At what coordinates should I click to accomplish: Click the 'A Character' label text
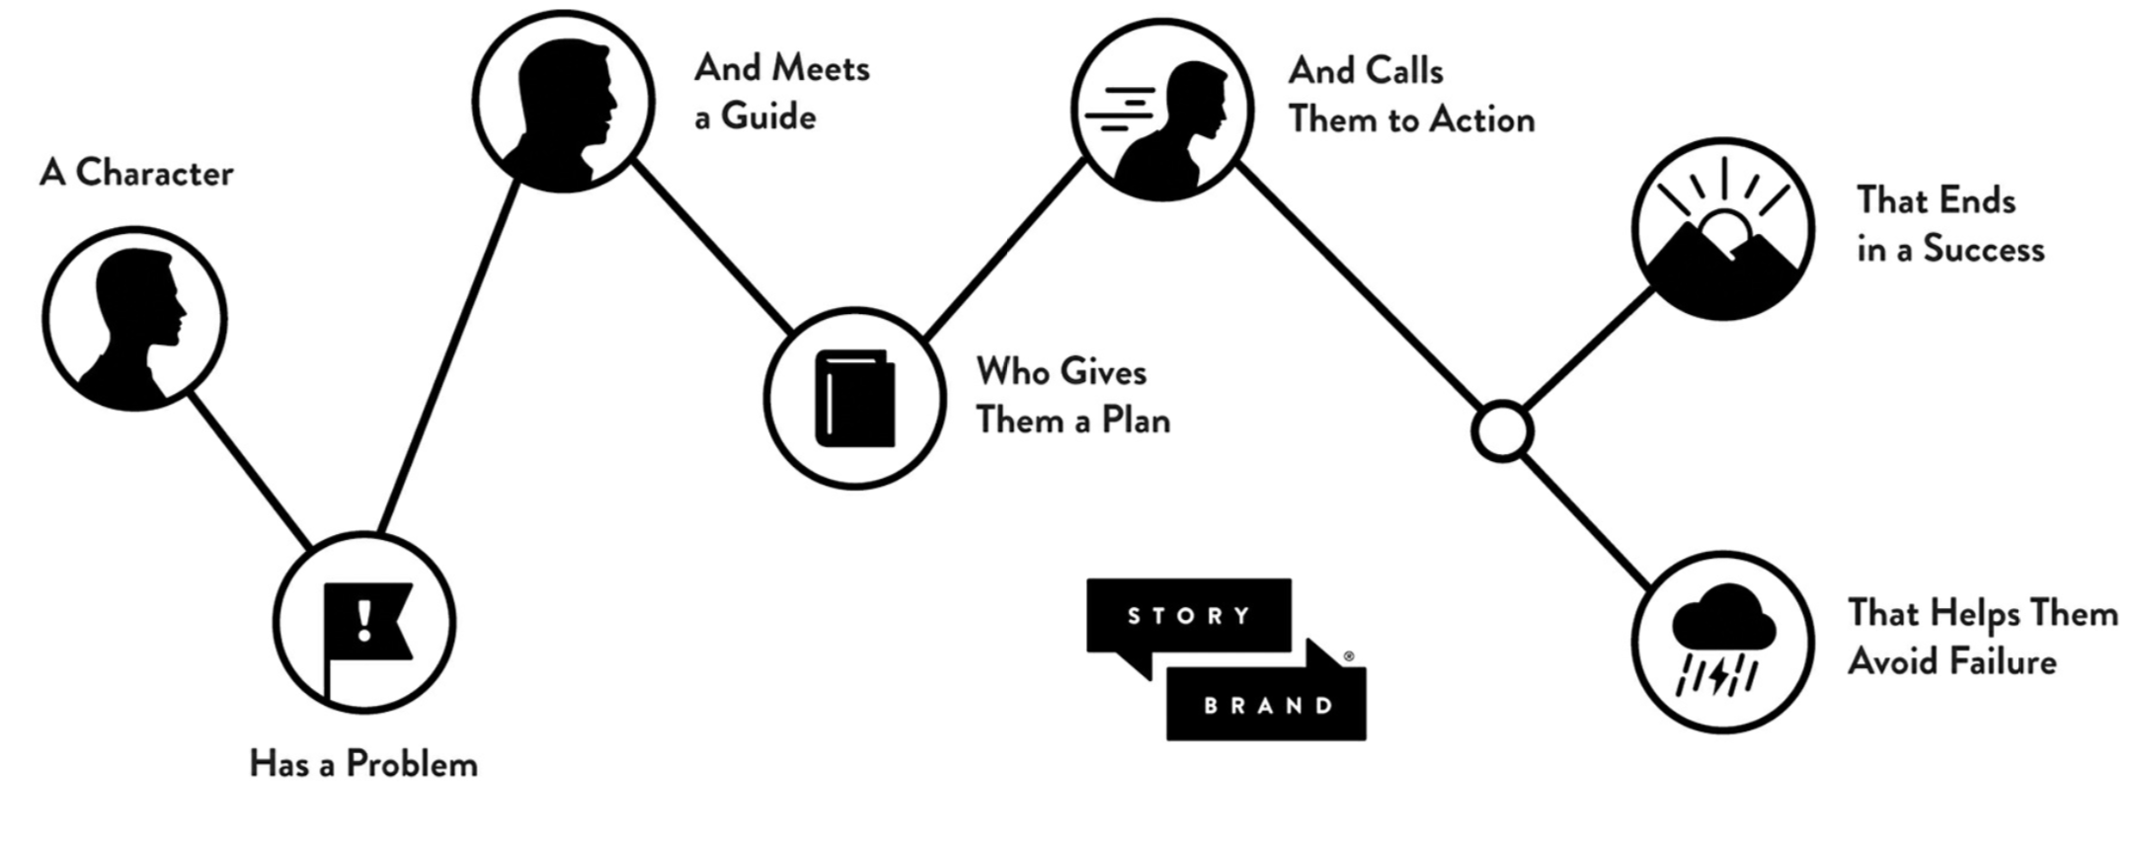tap(136, 174)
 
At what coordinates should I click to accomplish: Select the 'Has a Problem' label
tap(363, 764)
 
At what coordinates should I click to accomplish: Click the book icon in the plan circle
tap(855, 399)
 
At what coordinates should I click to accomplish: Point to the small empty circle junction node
tap(1501, 431)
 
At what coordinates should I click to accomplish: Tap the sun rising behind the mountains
tap(1727, 231)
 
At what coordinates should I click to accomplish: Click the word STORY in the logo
tap(1189, 616)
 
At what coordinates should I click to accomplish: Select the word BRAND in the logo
tap(1268, 706)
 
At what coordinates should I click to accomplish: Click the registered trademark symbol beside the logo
tap(1349, 656)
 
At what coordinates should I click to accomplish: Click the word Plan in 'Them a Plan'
tap(1136, 421)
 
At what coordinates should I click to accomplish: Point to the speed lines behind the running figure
tap(1121, 109)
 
